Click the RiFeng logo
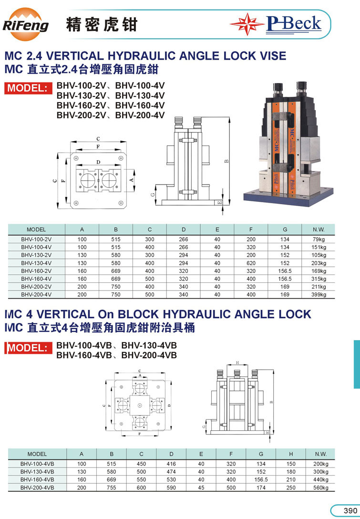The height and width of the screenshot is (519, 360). [25, 24]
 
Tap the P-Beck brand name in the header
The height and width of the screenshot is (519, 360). [294, 24]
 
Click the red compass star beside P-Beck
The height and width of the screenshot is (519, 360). [247, 24]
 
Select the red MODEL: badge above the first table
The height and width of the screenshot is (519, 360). [28, 88]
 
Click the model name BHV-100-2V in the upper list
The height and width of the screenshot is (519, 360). [81, 86]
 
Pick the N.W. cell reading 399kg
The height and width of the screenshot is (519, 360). [319, 295]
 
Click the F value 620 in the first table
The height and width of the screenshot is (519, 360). [251, 263]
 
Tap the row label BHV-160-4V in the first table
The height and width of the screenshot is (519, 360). [36, 279]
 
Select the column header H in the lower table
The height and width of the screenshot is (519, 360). [290, 454]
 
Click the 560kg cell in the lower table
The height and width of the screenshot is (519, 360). [320, 488]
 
